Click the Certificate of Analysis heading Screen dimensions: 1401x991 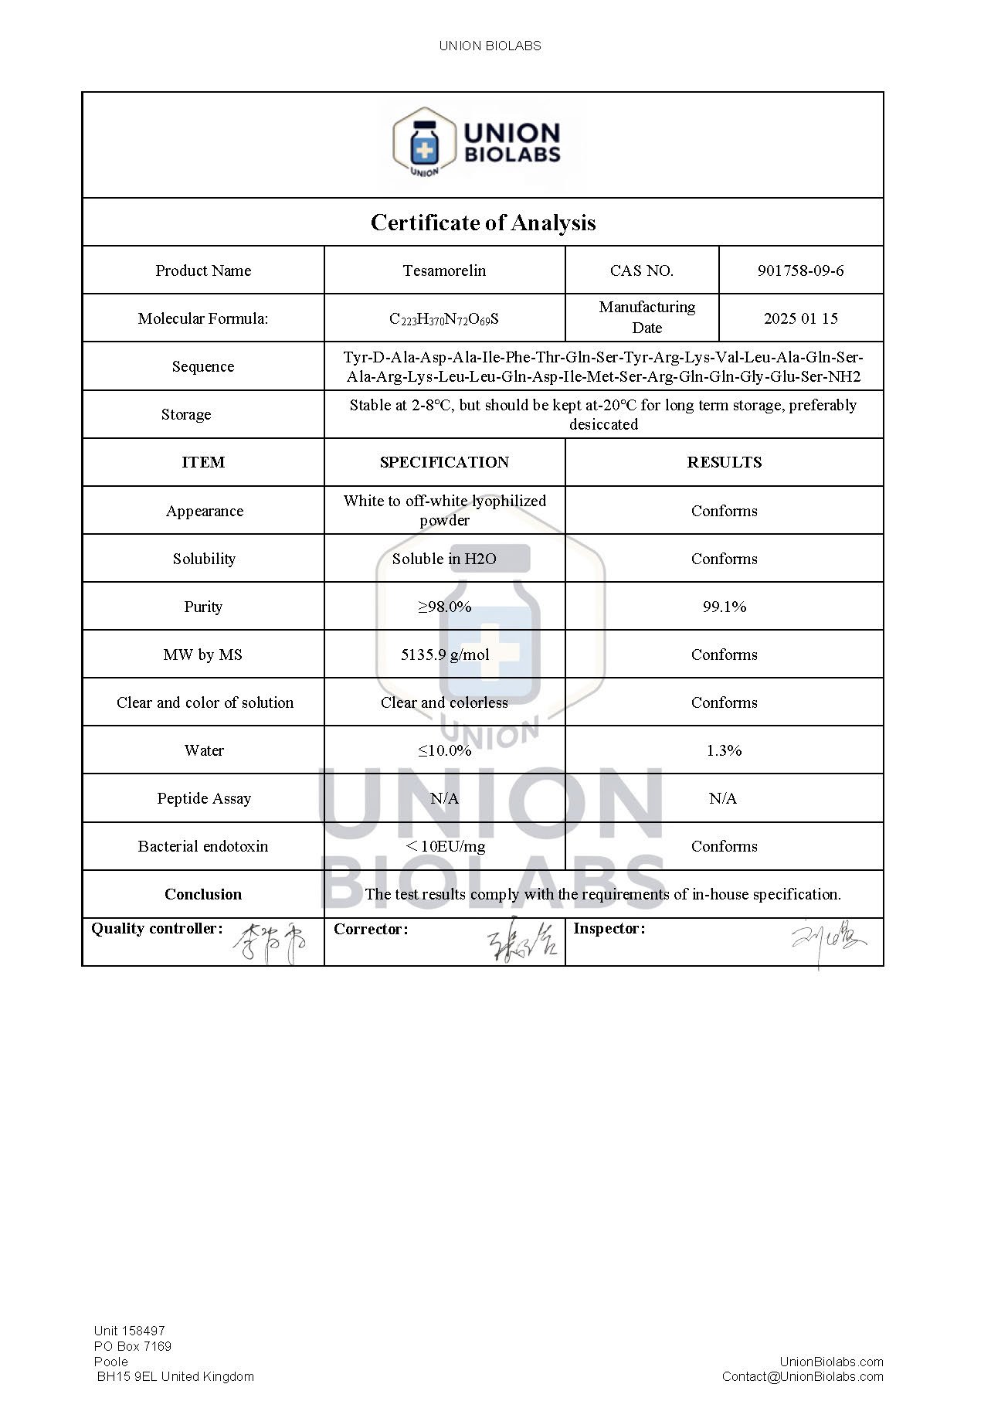(483, 223)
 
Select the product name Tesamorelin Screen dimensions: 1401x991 (444, 270)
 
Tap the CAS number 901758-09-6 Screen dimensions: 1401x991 (800, 270)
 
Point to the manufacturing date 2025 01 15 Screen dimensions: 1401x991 (800, 318)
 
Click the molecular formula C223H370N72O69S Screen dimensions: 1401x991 (444, 319)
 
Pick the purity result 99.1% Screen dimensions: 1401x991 (724, 607)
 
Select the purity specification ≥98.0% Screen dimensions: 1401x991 (444, 607)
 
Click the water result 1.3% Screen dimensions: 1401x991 (724, 750)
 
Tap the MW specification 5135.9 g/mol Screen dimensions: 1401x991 (444, 655)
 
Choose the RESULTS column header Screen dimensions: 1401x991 (724, 462)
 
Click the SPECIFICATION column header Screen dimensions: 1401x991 (444, 462)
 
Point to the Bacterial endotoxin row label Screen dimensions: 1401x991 (203, 846)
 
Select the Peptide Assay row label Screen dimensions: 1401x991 (204, 798)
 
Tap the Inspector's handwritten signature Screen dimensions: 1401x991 (826, 943)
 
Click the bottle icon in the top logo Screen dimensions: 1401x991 (424, 144)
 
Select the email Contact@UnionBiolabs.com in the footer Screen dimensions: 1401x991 (803, 1376)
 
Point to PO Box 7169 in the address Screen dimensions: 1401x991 (133, 1346)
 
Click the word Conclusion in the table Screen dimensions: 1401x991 (203, 894)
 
